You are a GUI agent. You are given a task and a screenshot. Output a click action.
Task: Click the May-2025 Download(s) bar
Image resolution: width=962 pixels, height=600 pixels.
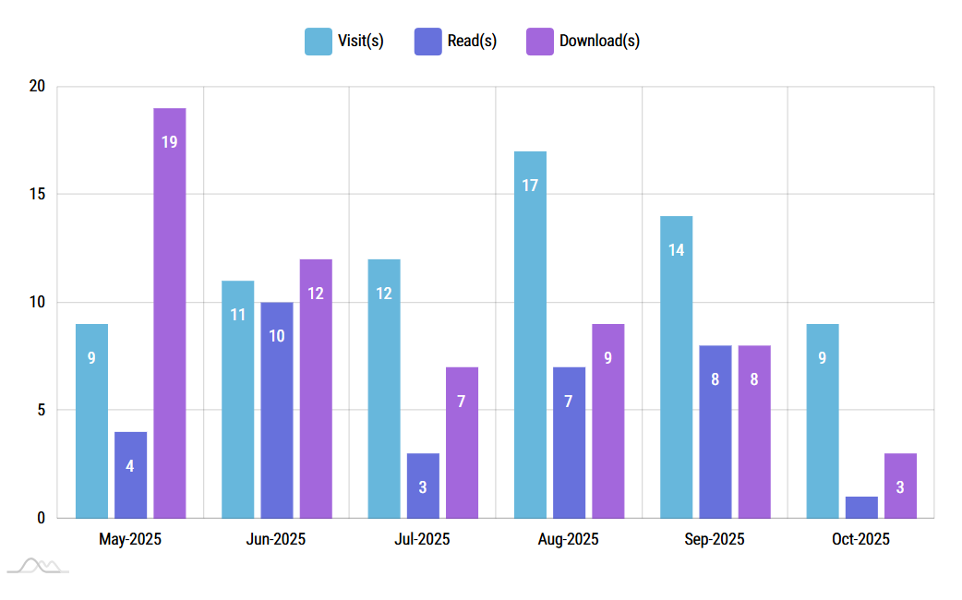click(169, 314)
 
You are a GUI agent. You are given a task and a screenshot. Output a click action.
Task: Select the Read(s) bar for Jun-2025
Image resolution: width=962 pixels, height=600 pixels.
click(277, 410)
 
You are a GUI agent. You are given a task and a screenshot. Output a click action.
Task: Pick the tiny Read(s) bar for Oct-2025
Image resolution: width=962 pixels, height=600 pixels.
click(861, 508)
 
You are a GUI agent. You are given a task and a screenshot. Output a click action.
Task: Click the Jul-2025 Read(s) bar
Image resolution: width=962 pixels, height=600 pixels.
click(423, 486)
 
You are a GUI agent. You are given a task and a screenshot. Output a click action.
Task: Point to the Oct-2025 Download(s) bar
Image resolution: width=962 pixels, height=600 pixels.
click(900, 486)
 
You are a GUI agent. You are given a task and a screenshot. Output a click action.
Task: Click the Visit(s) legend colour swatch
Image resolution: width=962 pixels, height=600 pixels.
click(319, 42)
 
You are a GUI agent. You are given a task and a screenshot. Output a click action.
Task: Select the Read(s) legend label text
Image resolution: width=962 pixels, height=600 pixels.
click(472, 42)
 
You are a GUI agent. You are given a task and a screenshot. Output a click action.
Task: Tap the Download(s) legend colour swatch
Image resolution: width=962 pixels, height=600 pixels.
click(540, 42)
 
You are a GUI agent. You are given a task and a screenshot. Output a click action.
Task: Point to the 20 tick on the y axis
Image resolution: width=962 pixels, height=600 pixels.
click(37, 87)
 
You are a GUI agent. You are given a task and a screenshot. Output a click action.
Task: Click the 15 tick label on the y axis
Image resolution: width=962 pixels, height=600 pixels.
click(37, 195)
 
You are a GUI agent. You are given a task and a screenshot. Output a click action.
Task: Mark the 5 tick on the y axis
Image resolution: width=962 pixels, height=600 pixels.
click(41, 410)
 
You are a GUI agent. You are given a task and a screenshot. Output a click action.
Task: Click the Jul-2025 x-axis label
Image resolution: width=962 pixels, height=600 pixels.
click(422, 539)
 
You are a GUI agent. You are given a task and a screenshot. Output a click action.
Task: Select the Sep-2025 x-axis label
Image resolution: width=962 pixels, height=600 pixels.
click(715, 539)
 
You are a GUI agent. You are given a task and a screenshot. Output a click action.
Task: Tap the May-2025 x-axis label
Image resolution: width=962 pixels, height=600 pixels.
click(130, 539)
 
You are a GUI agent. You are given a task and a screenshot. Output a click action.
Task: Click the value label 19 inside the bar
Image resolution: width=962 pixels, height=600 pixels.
click(169, 142)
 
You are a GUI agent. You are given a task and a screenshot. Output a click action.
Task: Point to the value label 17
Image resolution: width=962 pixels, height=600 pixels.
click(530, 186)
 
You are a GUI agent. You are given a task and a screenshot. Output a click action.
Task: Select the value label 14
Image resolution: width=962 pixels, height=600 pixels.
click(676, 250)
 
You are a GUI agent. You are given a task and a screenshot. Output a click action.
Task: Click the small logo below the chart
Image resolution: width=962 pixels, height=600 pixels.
click(39, 565)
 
